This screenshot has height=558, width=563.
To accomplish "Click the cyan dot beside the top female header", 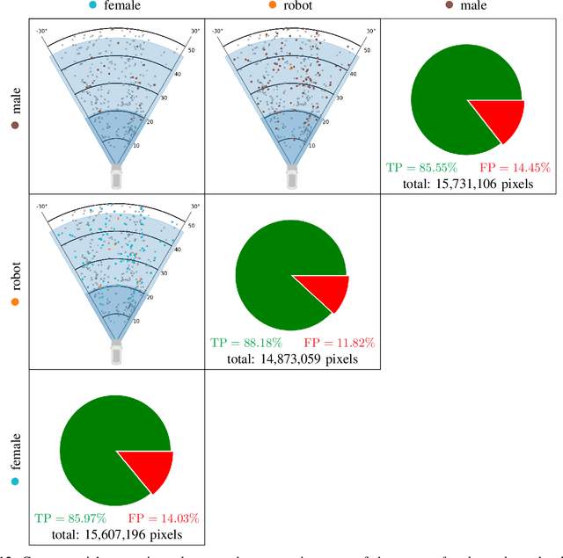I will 93,5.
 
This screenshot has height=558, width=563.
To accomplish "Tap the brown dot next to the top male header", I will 450,5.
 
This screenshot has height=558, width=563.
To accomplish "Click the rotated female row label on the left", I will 13,453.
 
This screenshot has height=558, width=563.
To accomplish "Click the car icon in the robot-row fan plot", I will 118,352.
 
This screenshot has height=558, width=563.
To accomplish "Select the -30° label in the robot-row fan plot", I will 41,207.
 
